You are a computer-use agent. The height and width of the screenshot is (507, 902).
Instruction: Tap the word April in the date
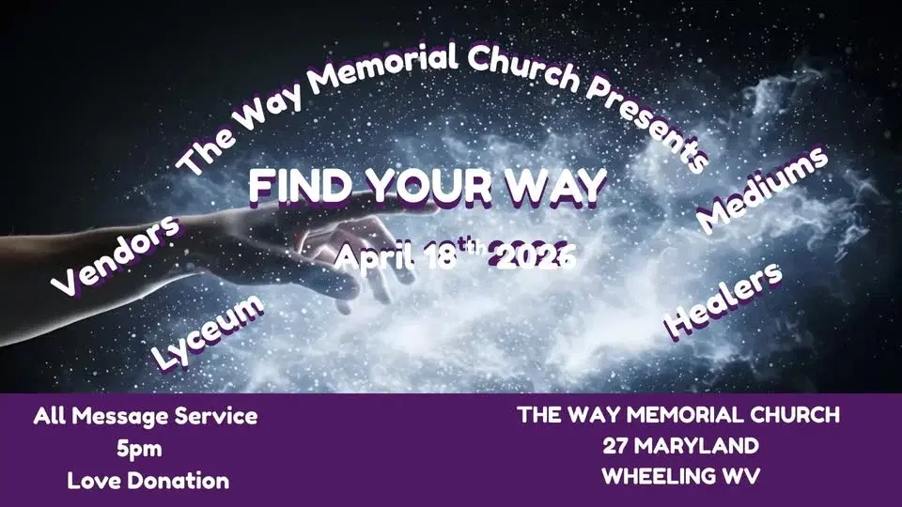tap(375, 257)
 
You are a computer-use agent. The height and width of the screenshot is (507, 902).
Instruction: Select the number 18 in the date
tap(445, 255)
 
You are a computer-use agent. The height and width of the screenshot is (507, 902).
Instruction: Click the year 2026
tap(535, 255)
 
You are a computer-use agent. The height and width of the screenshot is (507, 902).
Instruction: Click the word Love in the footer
tap(95, 481)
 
